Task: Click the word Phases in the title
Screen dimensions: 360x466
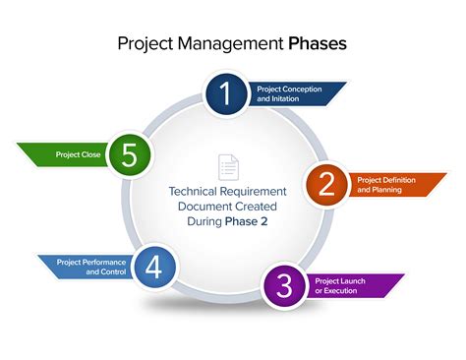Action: [x=317, y=44]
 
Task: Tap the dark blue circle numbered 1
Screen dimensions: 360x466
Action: [x=225, y=94]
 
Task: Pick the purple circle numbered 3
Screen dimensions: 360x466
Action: [x=284, y=285]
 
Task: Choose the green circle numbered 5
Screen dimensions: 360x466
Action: [x=128, y=154]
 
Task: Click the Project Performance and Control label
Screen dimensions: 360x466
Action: [x=89, y=267]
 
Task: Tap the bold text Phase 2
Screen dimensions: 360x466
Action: [x=251, y=222]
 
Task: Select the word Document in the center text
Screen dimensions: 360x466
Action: [x=211, y=207]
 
